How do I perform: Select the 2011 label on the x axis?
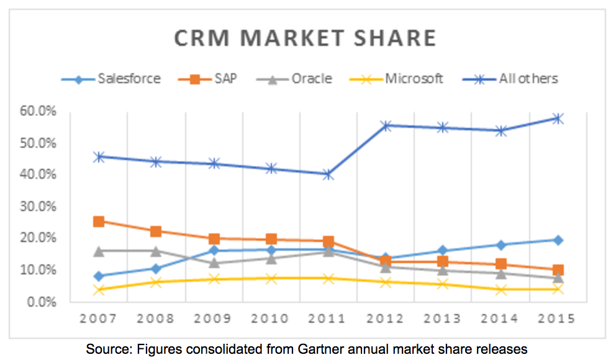[327, 318]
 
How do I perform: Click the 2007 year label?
[99, 318]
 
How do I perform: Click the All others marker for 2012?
[385, 125]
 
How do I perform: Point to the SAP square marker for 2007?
[99, 221]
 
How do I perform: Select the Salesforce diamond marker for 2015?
[558, 240]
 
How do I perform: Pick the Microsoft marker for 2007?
[99, 289]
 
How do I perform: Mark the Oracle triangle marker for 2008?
[156, 251]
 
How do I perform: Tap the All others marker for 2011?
[328, 174]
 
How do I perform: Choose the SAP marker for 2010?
[271, 239]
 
